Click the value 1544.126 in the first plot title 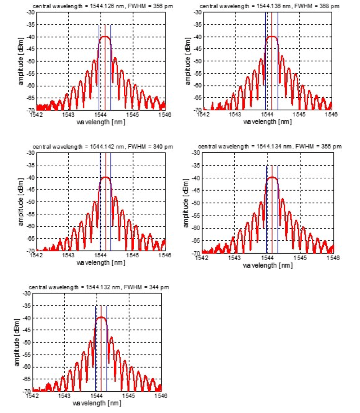(x=94, y=6)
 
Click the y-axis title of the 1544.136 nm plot (x=188, y=61)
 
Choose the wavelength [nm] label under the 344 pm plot (x=97, y=403)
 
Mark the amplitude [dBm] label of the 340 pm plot (x=21, y=202)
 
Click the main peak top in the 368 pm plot (x=272, y=36)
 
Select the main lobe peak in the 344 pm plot (x=101, y=317)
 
